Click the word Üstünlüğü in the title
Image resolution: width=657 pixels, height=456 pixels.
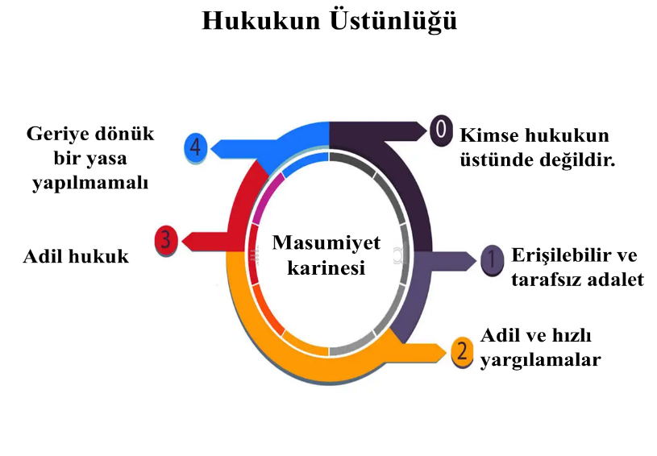tap(391, 21)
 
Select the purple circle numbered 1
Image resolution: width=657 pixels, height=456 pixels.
tap(492, 259)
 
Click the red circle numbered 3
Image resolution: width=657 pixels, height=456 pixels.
tap(166, 240)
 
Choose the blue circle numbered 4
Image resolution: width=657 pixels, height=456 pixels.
tap(196, 147)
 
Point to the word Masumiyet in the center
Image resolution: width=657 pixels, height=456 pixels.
tap(326, 243)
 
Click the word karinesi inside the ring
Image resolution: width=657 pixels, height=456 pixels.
tap(326, 267)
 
